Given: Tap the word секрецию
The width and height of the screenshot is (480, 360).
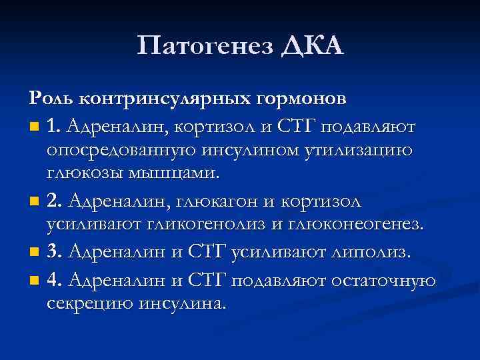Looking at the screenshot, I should pyautogui.click(x=91, y=304).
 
